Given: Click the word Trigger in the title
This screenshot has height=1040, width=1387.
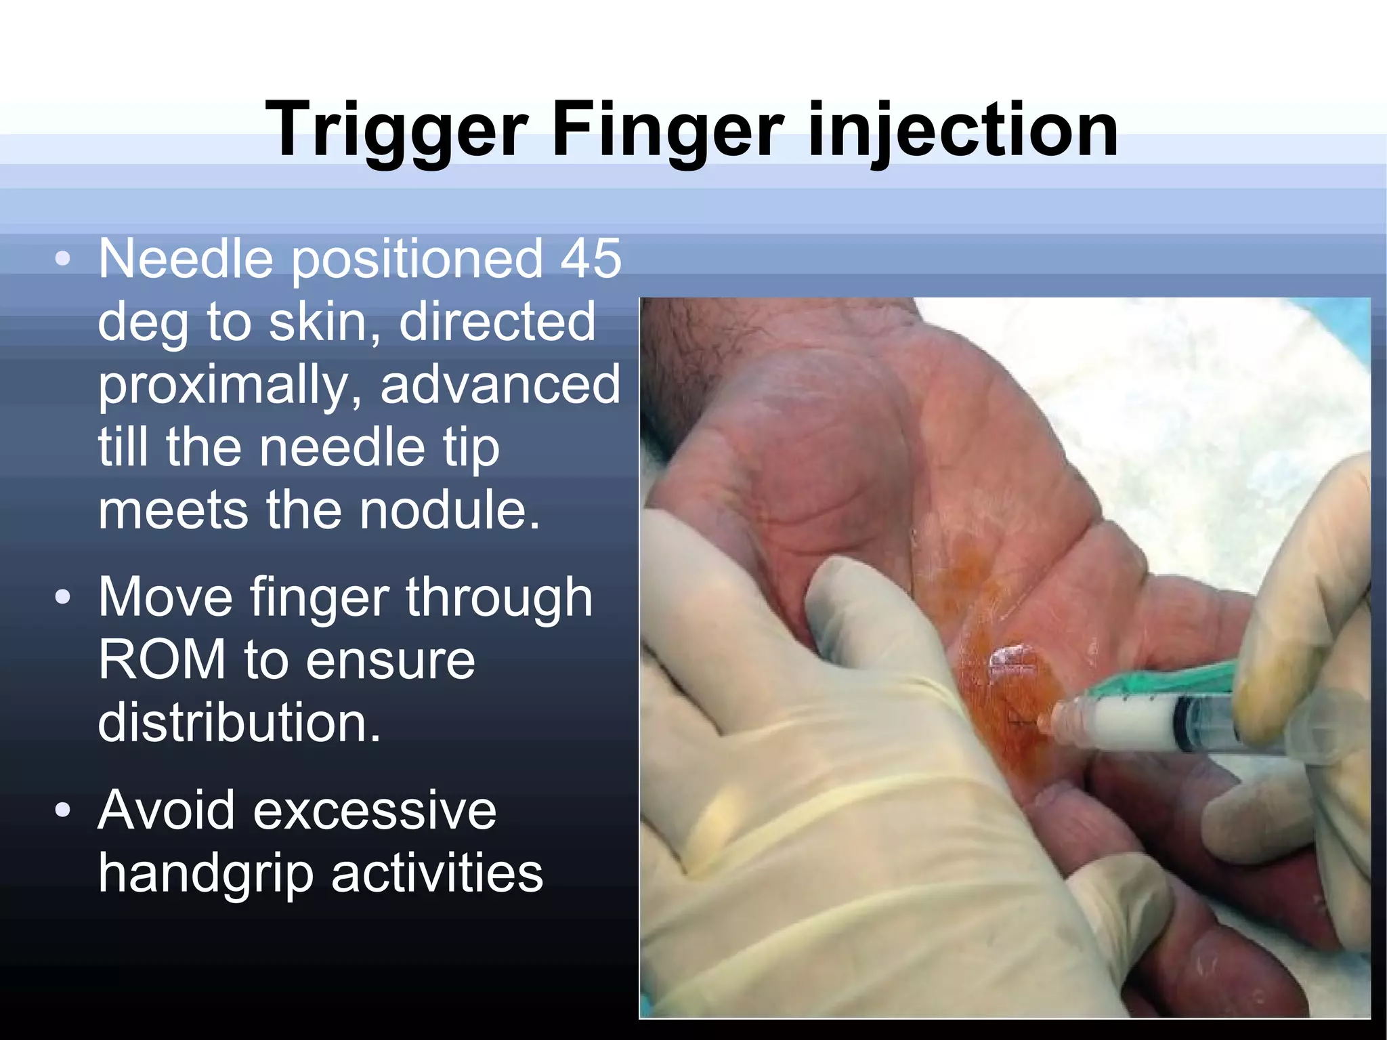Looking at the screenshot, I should pos(396,130).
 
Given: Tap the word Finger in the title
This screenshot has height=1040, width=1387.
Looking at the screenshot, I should pos(668,130).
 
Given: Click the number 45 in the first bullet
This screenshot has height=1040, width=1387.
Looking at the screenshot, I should pos(591,259).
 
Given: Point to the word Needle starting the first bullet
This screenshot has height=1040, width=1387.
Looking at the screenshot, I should pos(186,259).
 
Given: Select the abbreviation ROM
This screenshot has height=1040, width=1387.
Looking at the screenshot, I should pos(162,660).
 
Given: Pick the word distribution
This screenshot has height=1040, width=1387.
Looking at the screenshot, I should pos(239,722).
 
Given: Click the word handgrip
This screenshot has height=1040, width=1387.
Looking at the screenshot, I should pos(206,874).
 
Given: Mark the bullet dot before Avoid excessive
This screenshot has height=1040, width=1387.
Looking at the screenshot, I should pos(63,810).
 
